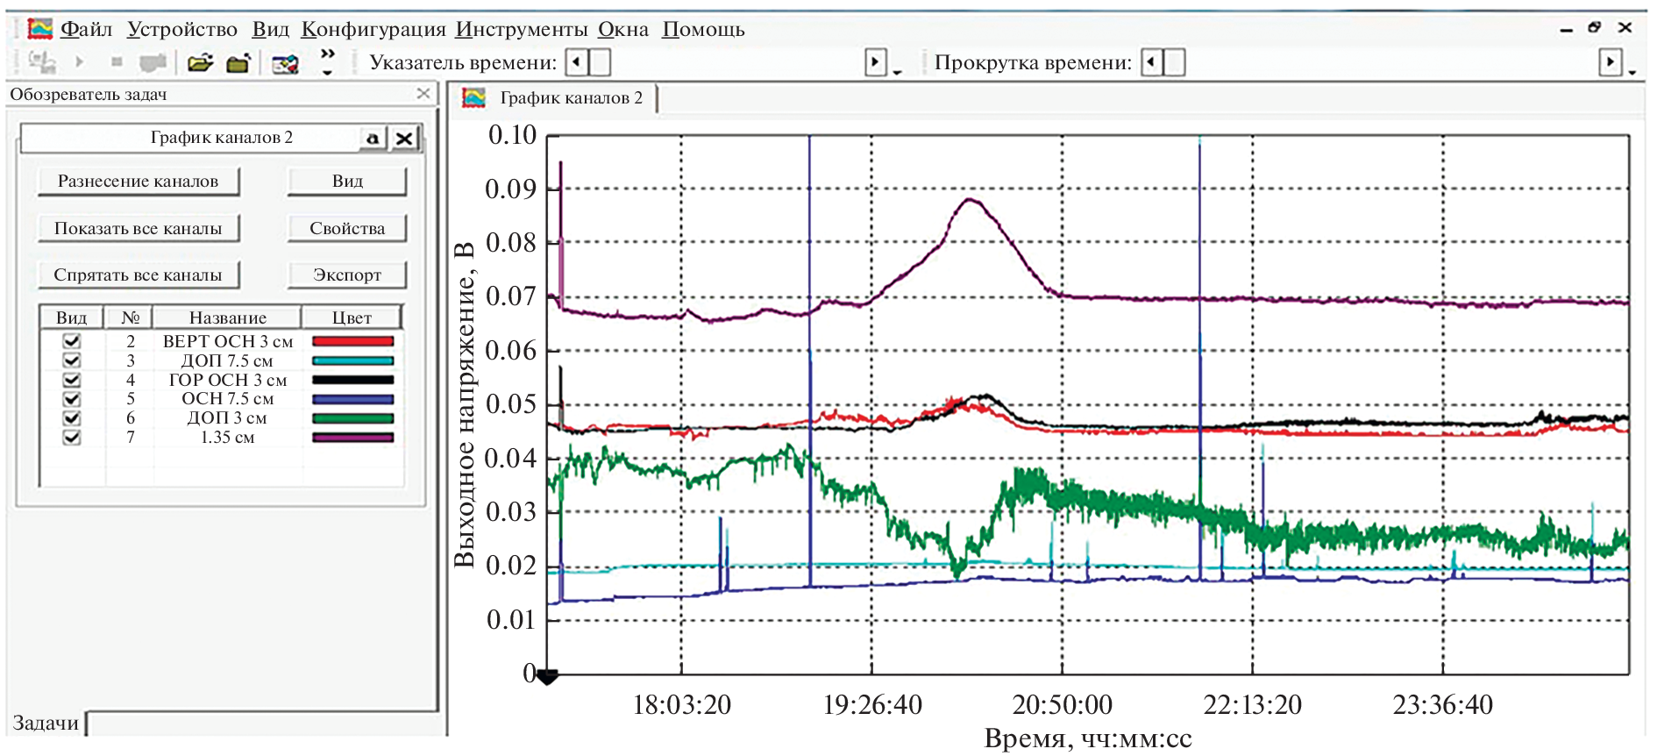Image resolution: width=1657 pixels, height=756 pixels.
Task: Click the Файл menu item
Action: click(x=86, y=30)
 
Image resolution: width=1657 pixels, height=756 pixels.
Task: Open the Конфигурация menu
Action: click(x=373, y=30)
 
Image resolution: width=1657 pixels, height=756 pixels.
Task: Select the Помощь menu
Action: click(x=703, y=30)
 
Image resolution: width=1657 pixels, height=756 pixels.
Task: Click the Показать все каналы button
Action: click(x=139, y=228)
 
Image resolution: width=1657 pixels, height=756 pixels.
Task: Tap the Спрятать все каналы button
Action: click(x=139, y=275)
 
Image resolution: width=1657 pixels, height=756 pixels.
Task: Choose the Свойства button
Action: click(x=347, y=228)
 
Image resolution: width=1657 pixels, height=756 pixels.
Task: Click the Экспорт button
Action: click(x=347, y=275)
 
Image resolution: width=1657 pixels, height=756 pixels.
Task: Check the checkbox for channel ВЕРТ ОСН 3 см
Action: click(x=72, y=341)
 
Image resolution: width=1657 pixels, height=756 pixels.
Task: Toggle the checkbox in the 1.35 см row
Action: click(x=72, y=437)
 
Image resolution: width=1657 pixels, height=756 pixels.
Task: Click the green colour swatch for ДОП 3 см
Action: click(x=352, y=418)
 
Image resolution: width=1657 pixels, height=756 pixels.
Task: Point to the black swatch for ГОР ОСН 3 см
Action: click(x=352, y=380)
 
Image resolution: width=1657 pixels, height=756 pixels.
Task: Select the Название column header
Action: click(x=228, y=317)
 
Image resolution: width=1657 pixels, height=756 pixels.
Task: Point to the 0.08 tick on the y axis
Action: click(x=511, y=243)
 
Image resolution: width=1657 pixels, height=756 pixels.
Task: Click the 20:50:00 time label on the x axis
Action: click(x=1062, y=704)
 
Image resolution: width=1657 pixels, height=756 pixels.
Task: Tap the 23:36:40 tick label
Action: click(x=1442, y=704)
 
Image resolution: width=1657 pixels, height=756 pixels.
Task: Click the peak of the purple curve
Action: click(x=970, y=200)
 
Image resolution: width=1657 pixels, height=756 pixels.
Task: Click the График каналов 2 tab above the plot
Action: click(x=571, y=98)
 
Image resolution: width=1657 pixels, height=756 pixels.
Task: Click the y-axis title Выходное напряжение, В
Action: click(x=464, y=403)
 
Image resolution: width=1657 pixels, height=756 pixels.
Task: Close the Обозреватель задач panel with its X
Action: click(x=423, y=93)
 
